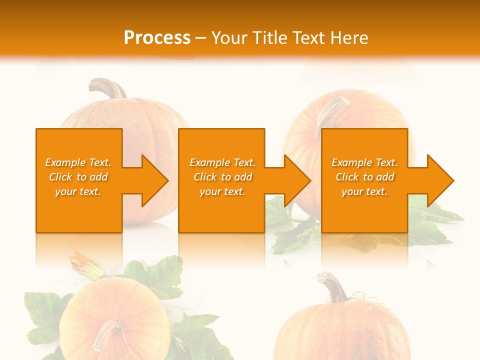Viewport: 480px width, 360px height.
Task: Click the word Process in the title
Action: click(x=157, y=37)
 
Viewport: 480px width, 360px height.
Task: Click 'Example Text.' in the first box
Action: click(x=78, y=162)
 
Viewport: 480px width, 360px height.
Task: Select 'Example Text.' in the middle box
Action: click(x=222, y=162)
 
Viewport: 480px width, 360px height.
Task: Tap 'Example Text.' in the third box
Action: click(x=364, y=162)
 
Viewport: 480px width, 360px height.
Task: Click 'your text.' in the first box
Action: click(x=78, y=191)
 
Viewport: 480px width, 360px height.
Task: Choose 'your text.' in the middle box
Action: click(x=222, y=191)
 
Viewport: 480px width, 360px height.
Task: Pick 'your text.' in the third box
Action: click(x=364, y=191)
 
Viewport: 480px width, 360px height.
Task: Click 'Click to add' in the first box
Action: click(x=78, y=177)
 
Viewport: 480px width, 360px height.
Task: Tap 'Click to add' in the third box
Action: click(x=364, y=177)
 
